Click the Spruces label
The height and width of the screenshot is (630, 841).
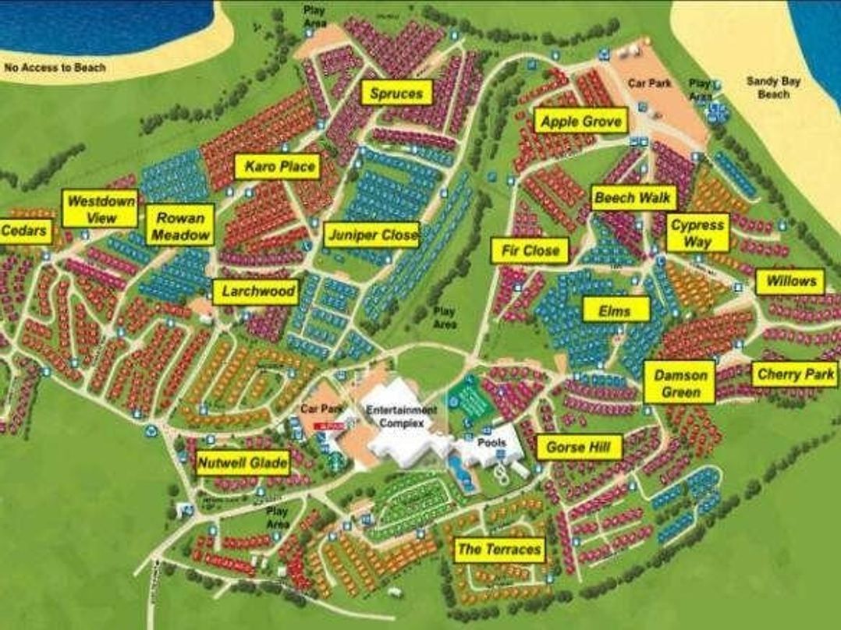click(396, 94)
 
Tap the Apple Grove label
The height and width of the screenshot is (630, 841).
click(581, 122)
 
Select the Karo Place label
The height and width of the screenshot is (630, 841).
click(279, 167)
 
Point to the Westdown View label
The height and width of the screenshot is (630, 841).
click(101, 209)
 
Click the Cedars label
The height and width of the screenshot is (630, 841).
click(25, 232)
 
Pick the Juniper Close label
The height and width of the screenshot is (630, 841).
click(372, 235)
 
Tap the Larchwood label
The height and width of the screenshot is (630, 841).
click(256, 292)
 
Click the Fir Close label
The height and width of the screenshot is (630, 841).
click(531, 251)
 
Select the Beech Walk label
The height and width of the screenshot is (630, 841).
click(633, 198)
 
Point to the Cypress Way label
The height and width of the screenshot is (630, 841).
click(697, 232)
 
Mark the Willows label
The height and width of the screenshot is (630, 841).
click(790, 281)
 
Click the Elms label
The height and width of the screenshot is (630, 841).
click(617, 310)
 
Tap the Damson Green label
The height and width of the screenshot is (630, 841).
click(680, 383)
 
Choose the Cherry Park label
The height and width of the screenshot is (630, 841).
click(795, 375)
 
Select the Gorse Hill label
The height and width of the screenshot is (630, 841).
click(579, 448)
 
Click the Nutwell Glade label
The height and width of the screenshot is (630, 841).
click(243, 464)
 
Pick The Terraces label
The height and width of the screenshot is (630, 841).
click(499, 550)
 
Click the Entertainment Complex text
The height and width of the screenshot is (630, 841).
click(403, 416)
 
